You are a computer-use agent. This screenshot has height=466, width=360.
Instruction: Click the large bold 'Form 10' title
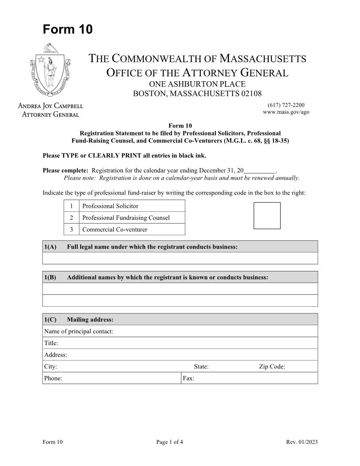pyautogui.click(x=67, y=30)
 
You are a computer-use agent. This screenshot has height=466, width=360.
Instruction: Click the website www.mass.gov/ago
pyautogui.click(x=286, y=112)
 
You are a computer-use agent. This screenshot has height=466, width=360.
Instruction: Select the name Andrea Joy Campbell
pyautogui.click(x=50, y=106)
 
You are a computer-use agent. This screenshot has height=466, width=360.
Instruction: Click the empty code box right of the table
pyautogui.click(x=267, y=215)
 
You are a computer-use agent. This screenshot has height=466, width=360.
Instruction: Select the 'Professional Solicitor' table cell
pyautogui.click(x=131, y=206)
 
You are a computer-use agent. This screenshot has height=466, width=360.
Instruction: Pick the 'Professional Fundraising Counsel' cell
pyautogui.click(x=131, y=218)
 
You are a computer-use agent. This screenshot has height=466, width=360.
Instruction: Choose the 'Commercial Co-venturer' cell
pyautogui.click(x=131, y=229)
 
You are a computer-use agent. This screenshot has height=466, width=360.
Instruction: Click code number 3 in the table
pyautogui.click(x=71, y=229)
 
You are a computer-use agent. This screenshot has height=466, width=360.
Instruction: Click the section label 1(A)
pyautogui.click(x=50, y=247)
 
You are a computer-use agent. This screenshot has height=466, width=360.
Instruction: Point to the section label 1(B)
pyautogui.click(x=50, y=277)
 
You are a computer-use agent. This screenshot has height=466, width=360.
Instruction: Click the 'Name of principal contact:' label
pyautogui.click(x=79, y=331)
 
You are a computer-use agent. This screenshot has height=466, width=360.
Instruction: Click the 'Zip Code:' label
pyautogui.click(x=272, y=366)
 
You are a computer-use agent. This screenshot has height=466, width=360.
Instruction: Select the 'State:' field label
pyautogui.click(x=201, y=366)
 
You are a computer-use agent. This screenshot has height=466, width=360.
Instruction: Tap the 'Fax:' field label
pyautogui.click(x=188, y=378)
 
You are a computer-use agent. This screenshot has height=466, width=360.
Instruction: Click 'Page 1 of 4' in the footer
pyautogui.click(x=169, y=442)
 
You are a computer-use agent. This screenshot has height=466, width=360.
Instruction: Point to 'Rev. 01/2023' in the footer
pyautogui.click(x=302, y=442)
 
